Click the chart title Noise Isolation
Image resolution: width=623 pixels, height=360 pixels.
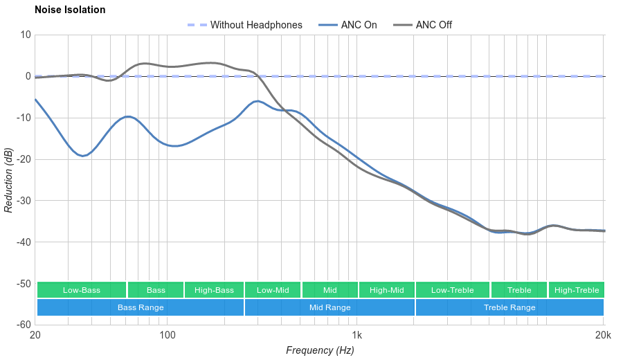[x=70, y=10]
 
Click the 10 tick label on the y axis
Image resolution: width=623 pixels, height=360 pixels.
[x=26, y=35]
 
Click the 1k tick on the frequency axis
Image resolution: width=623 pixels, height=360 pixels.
[x=357, y=336]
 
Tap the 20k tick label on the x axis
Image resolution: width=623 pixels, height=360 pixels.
[x=603, y=336]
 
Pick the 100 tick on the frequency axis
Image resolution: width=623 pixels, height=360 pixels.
[x=168, y=336]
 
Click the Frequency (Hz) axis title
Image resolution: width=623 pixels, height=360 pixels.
[x=320, y=350]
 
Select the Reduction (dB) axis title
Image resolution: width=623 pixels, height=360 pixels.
[x=8, y=180]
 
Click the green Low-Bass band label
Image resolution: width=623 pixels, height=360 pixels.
[x=82, y=290]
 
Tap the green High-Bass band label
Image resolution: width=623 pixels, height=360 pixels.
[x=214, y=290]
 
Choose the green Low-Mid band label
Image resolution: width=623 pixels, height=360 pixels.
[x=273, y=290]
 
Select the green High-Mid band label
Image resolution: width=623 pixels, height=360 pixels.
[x=386, y=290]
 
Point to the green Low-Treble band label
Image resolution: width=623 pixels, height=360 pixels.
[x=453, y=290]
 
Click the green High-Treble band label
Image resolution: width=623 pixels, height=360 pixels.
[x=577, y=290]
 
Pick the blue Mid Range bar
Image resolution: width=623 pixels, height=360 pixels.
[x=329, y=307]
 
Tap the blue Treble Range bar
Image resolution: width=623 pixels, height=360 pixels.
[x=509, y=307]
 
